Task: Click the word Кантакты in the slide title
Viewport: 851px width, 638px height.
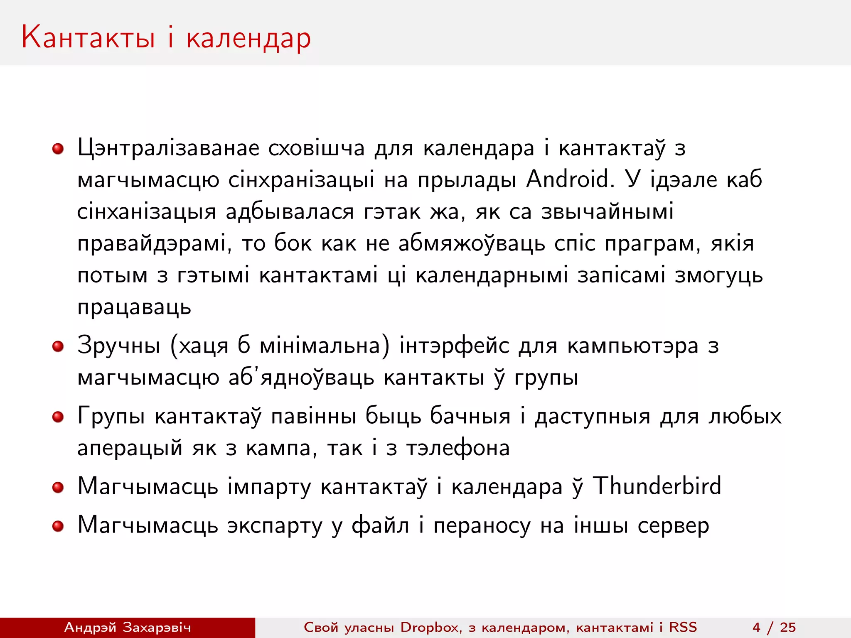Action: pos(88,37)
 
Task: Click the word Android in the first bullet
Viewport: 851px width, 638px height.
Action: pos(570,179)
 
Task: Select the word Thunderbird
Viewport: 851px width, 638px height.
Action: pos(657,486)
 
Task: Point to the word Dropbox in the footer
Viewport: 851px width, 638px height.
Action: pos(431,627)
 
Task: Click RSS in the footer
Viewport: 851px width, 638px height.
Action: pos(683,627)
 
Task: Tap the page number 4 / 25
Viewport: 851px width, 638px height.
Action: pos(774,627)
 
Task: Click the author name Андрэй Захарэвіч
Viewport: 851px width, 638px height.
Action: pos(128,627)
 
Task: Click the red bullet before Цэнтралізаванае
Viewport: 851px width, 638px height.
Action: pos(58,149)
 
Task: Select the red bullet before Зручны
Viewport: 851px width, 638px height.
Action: pos(58,346)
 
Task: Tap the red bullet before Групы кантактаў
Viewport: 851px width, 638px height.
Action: pos(58,417)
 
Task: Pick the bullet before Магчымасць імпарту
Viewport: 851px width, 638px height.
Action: pos(58,487)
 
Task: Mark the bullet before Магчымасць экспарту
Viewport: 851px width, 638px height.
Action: pos(58,526)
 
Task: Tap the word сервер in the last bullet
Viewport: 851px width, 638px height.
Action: pos(673,526)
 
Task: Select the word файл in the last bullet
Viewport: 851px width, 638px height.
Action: pos(380,525)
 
